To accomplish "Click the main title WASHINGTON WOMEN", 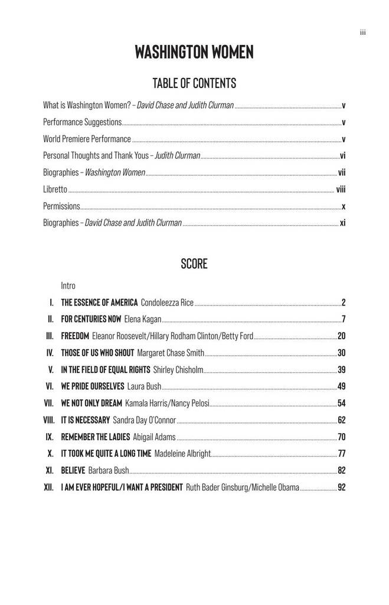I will click(194, 53).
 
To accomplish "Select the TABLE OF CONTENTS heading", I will click(194, 83).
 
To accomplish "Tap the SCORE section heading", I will click(194, 264).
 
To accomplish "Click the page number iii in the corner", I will click(363, 32).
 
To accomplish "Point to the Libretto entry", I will click(55, 190).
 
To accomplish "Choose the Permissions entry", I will click(61, 206).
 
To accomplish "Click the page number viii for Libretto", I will click(341, 190).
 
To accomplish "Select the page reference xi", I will click(342, 223).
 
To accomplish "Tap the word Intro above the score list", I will click(68, 286).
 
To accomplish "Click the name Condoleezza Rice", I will click(167, 303).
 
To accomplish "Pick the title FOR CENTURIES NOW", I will click(91, 320).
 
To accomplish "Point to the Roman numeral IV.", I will click(50, 353).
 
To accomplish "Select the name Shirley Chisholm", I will click(178, 370).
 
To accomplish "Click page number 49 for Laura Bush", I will click(341, 387).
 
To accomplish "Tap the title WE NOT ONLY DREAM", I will click(91, 404).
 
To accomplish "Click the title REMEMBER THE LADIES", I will click(96, 437).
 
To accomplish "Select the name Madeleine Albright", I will click(182, 454).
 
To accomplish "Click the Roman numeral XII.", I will click(49, 488).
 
